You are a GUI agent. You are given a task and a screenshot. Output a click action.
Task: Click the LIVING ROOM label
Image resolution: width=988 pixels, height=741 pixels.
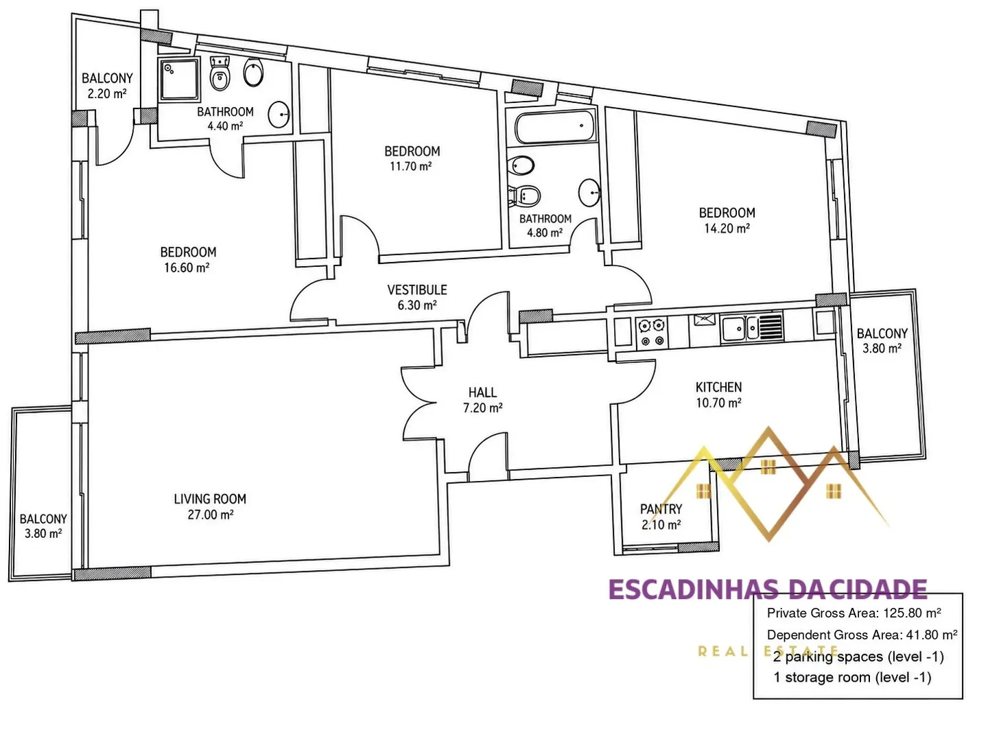tap(210, 499)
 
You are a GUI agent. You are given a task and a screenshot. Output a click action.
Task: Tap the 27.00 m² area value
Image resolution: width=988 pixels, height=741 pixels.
tap(210, 515)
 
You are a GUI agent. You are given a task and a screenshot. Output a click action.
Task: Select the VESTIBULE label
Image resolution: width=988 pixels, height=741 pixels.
tap(416, 290)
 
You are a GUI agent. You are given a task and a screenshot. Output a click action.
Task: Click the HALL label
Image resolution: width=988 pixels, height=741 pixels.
tap(482, 392)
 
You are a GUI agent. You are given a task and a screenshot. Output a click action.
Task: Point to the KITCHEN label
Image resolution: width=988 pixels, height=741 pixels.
tap(718, 387)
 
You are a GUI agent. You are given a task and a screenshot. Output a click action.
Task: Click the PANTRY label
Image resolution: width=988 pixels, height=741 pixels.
tap(661, 509)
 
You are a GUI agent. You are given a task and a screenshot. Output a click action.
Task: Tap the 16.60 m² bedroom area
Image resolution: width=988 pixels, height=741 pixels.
tap(187, 268)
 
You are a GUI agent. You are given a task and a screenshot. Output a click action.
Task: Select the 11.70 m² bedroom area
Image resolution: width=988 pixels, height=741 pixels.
tap(410, 167)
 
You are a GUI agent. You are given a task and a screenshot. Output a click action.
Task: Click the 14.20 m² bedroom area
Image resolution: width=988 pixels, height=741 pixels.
tap(727, 228)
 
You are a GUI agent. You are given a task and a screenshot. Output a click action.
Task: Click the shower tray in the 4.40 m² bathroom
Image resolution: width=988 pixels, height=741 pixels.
tap(179, 79)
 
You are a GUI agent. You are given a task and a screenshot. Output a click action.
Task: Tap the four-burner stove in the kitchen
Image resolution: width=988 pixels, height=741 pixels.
tap(652, 332)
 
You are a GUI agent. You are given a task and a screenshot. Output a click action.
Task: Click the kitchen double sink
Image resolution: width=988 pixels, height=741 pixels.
tap(752, 328)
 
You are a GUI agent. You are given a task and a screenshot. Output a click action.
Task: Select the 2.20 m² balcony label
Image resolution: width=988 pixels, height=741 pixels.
tap(107, 86)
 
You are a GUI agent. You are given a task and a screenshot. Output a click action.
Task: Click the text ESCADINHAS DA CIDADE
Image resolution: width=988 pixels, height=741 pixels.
tap(768, 589)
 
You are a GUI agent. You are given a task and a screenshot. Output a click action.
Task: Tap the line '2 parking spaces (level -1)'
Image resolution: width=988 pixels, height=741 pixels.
tap(858, 657)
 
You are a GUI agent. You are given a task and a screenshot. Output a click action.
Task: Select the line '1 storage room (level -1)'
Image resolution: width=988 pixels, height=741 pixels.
tap(852, 677)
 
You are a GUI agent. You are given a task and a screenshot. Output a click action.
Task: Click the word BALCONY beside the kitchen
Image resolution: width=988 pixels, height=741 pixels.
tap(882, 333)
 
